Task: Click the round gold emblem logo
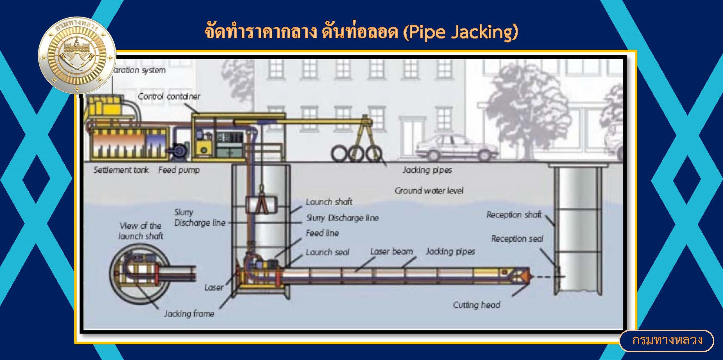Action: [77, 55]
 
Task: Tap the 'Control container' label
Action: [169, 97]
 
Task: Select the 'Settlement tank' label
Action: [121, 170]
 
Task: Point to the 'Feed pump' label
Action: [179, 170]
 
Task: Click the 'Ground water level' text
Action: [429, 191]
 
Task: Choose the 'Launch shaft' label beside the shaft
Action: [329, 202]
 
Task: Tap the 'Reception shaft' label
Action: [514, 215]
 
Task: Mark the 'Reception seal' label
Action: [517, 239]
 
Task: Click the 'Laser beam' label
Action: [392, 252]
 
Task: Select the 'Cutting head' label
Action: [477, 305]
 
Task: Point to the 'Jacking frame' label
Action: [189, 314]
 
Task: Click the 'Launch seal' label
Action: [327, 252]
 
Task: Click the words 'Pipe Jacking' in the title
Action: [461, 33]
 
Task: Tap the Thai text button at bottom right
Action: [667, 340]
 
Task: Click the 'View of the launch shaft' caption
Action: [141, 231]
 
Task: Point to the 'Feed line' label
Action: [322, 233]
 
